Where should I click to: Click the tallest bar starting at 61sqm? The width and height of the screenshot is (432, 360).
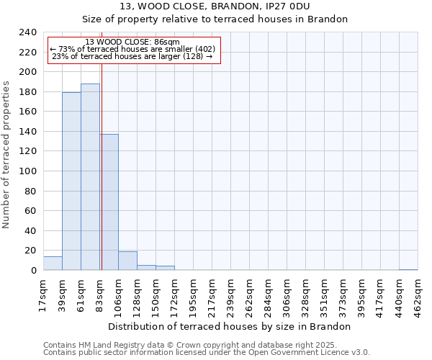pyautogui.click(x=90, y=177)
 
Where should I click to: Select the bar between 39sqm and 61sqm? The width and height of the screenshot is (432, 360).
pyautogui.click(x=71, y=181)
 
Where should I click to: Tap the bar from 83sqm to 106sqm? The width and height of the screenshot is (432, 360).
pyautogui.click(x=109, y=202)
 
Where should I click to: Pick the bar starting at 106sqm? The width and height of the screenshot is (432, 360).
pyautogui.click(x=127, y=261)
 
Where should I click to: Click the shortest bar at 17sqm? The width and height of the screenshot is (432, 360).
pyautogui.click(x=53, y=264)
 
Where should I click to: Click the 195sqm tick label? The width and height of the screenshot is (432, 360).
pyautogui.click(x=194, y=294)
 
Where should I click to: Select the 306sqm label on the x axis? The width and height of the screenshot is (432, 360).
pyautogui.click(x=287, y=294)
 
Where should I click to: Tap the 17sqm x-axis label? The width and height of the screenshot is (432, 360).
pyautogui.click(x=44, y=292)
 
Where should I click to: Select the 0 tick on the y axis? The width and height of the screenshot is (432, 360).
pyautogui.click(x=33, y=271)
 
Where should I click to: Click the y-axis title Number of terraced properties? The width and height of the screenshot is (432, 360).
pyautogui.click(x=6, y=154)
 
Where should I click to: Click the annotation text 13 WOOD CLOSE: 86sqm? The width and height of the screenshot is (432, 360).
pyautogui.click(x=132, y=42)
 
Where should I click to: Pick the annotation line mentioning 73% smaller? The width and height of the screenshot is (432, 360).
pyautogui.click(x=132, y=49)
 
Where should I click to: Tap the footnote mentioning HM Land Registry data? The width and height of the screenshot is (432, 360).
pyautogui.click(x=190, y=345)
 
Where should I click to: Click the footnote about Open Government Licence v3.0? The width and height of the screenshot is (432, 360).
pyautogui.click(x=207, y=353)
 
